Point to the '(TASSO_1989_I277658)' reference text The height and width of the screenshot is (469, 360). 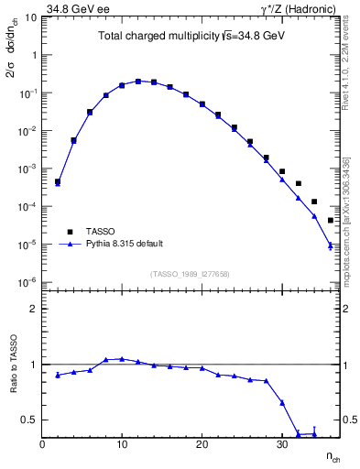190,274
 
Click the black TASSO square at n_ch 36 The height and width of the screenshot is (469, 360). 330,220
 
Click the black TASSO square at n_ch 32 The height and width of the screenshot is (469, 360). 299,183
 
